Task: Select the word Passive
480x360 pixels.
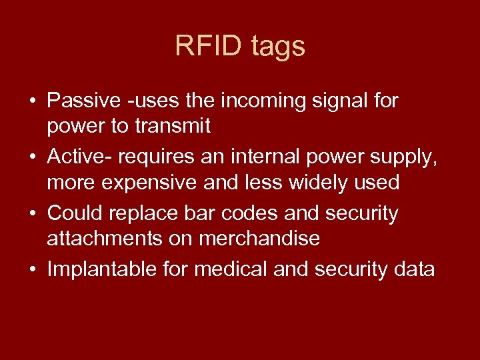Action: [x=84, y=101]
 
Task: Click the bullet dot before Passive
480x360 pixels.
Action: [x=33, y=102]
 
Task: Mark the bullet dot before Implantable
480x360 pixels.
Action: [x=33, y=269]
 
